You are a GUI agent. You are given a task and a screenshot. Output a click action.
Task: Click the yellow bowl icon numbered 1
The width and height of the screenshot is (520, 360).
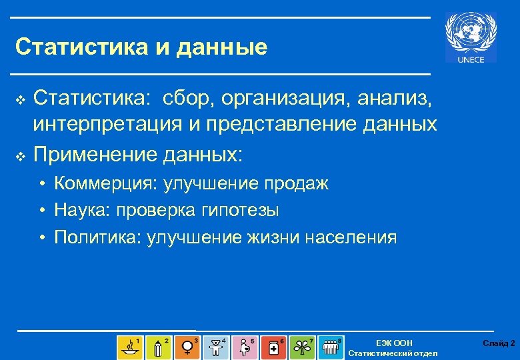point(129,347)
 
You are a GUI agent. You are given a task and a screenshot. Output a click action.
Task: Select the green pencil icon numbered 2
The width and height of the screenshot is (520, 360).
point(158,347)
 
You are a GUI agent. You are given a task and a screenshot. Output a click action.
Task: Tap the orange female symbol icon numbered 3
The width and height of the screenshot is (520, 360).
point(187,347)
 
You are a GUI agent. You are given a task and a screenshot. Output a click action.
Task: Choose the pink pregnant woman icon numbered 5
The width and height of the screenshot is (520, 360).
point(245,347)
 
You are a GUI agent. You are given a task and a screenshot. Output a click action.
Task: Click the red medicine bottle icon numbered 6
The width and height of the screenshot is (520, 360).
point(273,347)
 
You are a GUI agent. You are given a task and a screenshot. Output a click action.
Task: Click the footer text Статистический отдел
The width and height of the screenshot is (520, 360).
point(393,353)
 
